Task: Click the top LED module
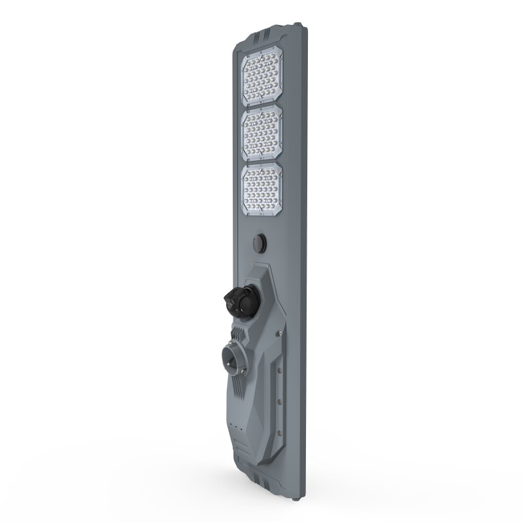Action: (x=263, y=77)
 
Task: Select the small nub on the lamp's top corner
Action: (x=299, y=26)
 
